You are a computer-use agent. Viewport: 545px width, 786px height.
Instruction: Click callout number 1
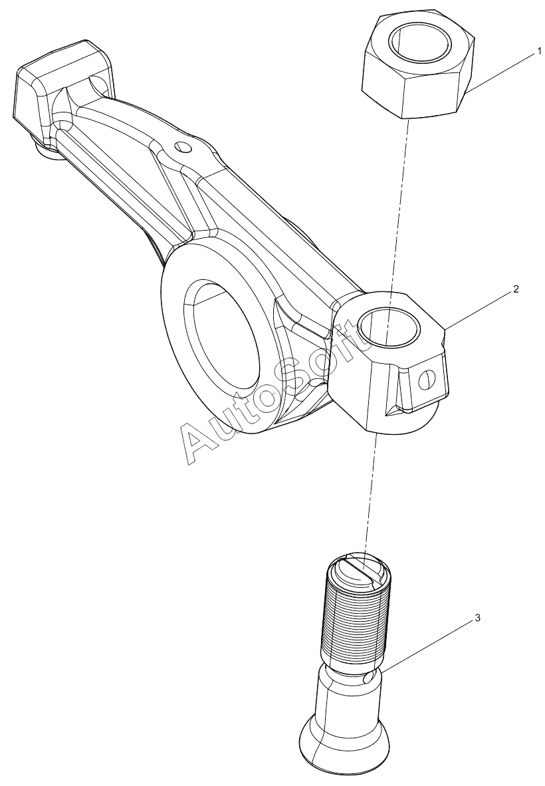[539, 51]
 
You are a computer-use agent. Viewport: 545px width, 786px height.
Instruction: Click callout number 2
[516, 289]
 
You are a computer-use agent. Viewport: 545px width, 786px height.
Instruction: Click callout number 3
[477, 618]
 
